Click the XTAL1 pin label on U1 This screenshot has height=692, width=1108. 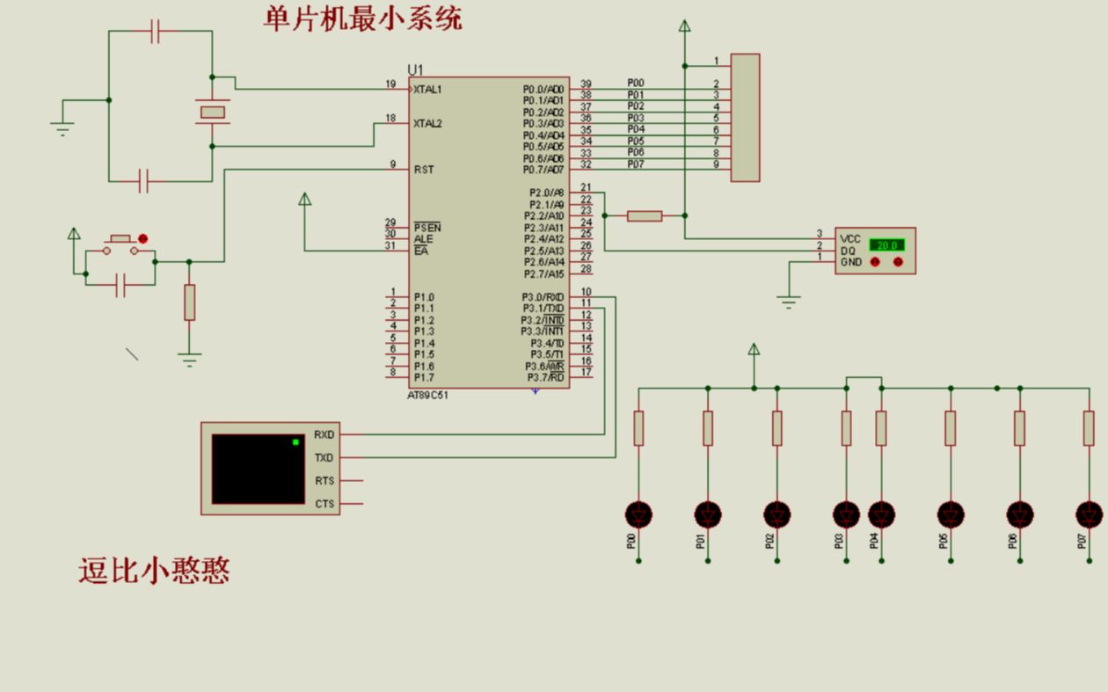(428, 90)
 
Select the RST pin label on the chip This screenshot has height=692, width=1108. (424, 169)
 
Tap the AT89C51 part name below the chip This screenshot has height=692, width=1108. (428, 396)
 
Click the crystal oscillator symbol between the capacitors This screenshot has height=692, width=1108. (212, 112)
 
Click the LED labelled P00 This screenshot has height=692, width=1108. (638, 514)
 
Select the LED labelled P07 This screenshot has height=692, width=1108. (1089, 514)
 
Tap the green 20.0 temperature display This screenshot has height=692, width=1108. (886, 245)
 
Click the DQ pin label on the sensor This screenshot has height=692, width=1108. (848, 251)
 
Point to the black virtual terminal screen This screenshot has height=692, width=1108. (258, 469)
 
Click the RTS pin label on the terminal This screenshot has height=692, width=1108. (324, 481)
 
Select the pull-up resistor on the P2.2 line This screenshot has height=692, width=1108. (645, 215)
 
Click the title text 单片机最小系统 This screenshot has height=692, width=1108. (362, 18)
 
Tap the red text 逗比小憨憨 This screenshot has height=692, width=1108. (154, 572)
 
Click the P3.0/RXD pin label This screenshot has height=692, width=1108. (543, 297)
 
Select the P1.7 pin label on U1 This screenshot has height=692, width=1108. (424, 377)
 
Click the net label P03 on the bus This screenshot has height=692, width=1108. (636, 118)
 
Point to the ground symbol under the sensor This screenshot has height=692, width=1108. (789, 302)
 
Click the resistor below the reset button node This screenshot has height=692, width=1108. (189, 302)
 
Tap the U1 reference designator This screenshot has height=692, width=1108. (415, 69)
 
